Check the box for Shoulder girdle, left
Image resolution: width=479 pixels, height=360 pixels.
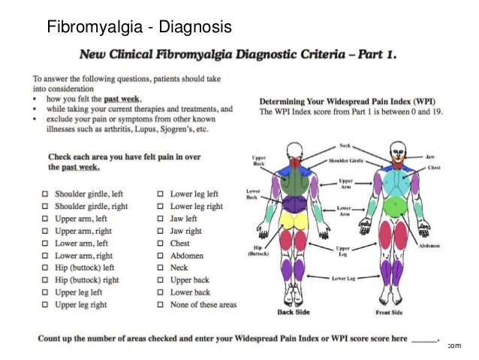pos(45,194)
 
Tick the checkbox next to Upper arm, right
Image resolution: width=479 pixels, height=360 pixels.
pos(45,231)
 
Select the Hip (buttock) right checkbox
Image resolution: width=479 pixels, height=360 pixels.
pos(45,280)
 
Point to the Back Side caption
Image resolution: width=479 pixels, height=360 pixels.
pos(295,312)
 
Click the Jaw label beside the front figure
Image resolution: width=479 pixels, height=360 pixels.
pos(430,157)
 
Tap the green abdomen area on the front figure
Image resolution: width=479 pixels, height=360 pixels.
pos(393,204)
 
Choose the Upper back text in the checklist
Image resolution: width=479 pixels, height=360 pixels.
pos(190,280)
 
